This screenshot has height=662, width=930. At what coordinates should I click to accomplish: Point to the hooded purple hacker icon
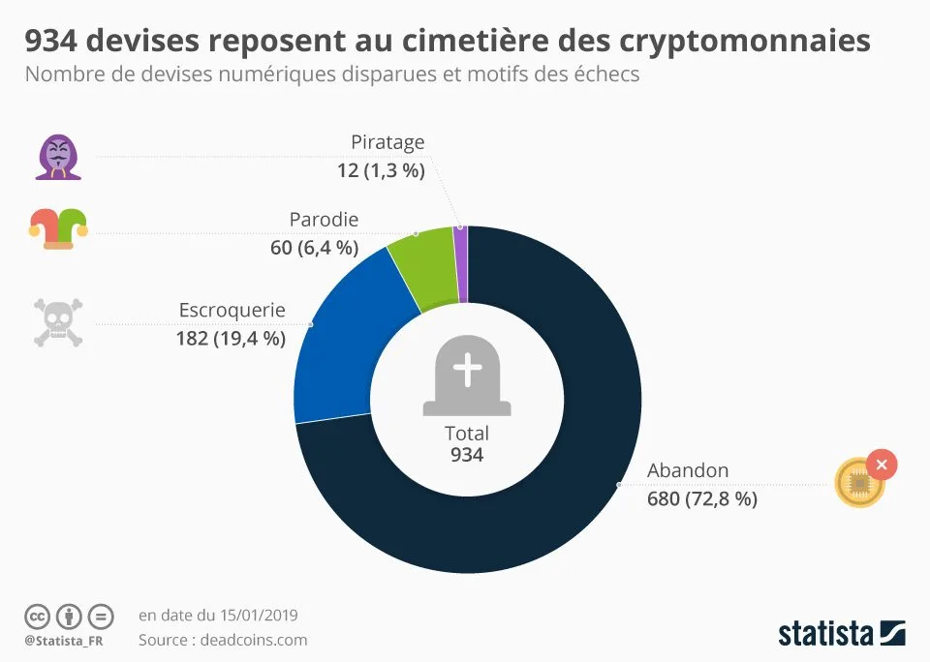point(58,157)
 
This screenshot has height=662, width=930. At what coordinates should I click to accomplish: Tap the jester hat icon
point(57,228)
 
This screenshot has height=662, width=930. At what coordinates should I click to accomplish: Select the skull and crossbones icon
point(58,323)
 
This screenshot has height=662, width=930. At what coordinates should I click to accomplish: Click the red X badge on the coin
point(882,465)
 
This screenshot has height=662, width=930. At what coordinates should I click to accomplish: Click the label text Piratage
point(387,142)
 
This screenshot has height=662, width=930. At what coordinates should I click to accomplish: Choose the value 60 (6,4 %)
point(314,248)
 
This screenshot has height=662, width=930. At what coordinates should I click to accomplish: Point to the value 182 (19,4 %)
point(231,338)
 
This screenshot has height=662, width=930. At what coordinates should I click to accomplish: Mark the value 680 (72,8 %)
point(702,499)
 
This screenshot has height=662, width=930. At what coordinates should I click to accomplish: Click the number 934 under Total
point(467,455)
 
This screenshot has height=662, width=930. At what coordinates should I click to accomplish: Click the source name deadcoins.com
point(253,640)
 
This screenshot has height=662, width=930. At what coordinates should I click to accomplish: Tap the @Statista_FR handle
point(64,641)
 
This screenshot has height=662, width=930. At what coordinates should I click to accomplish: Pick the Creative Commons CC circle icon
point(37,616)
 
